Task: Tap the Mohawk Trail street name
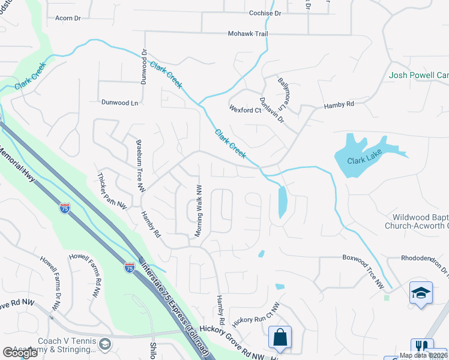pyautogui.click(x=247, y=34)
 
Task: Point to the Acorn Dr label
pyautogui.click(x=68, y=19)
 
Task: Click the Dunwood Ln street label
pyautogui.click(x=119, y=103)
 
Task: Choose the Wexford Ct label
pyautogui.click(x=245, y=109)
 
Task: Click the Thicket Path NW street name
pyautogui.click(x=112, y=191)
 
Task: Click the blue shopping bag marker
pyautogui.click(x=280, y=337)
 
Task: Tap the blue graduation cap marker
pyautogui.click(x=421, y=293)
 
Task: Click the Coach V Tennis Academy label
pyautogui.click(x=66, y=345)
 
